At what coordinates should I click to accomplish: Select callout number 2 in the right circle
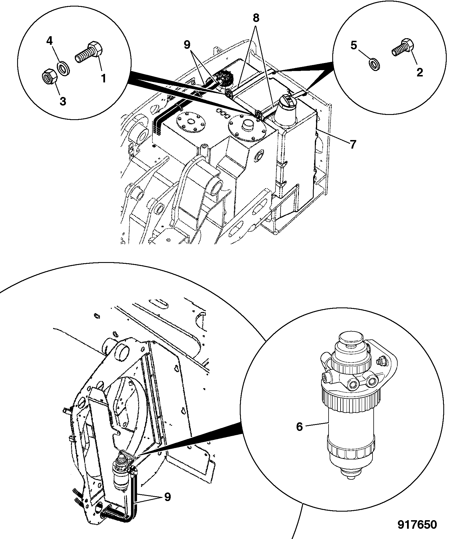[x=419, y=72]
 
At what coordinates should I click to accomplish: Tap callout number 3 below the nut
[x=63, y=101]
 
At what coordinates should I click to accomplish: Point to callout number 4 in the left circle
[x=49, y=41]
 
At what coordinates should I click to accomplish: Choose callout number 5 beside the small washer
[x=354, y=45]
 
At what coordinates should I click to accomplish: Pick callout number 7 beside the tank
[x=353, y=145]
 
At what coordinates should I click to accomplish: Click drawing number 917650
[x=417, y=524]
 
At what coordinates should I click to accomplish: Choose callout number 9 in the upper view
[x=187, y=44]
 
